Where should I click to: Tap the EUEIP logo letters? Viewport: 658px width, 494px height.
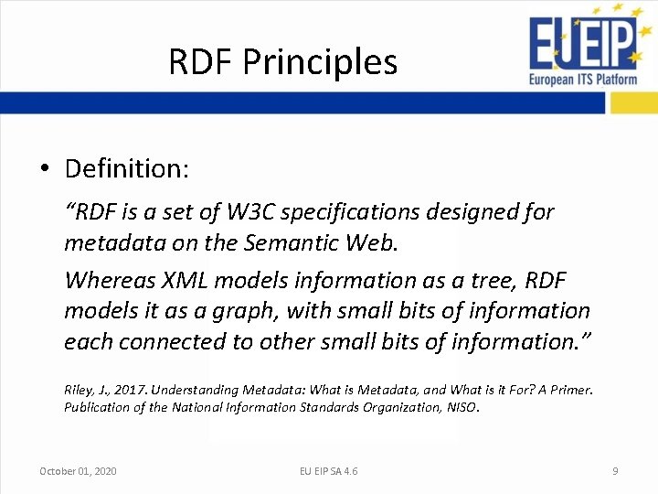[581, 44]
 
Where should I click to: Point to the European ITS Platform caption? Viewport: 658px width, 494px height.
[583, 79]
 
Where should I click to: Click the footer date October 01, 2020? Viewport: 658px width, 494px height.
[78, 471]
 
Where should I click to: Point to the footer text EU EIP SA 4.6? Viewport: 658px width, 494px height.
[329, 471]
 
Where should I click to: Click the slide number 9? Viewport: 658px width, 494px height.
[615, 471]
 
